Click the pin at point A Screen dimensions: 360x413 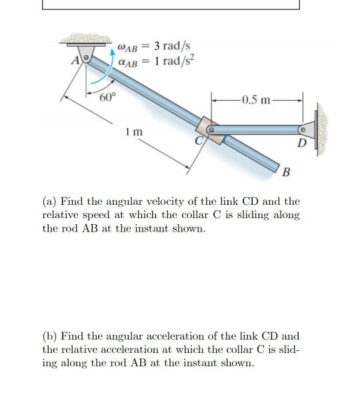tap(86, 57)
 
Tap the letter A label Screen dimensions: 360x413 tap(75, 61)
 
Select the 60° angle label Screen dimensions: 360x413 tap(107, 97)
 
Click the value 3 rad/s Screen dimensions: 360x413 tap(172, 46)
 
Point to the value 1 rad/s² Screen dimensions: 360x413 tap(174, 61)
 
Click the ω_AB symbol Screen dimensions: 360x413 tap(127, 47)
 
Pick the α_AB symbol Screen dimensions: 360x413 tap(128, 63)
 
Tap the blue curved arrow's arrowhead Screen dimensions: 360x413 tap(113, 52)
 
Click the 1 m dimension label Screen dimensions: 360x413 tap(134, 131)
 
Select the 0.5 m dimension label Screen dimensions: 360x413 tap(256, 100)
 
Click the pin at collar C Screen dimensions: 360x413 tap(211, 129)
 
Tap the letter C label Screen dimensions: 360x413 tap(199, 141)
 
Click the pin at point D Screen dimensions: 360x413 tap(303, 129)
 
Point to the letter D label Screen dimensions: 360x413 tap(302, 143)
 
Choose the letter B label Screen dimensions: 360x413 tap(286, 172)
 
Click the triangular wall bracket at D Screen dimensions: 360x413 tap(308, 129)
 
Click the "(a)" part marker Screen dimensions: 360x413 tap(49, 201)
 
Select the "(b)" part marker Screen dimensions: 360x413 tap(50, 336)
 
